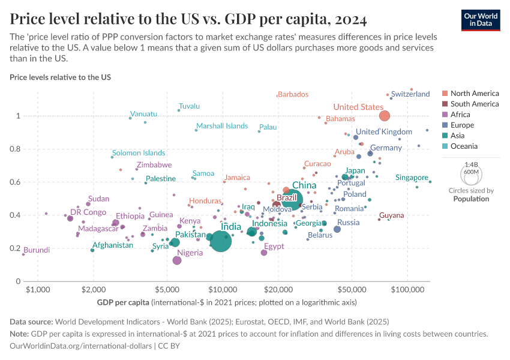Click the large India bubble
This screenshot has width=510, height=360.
click(x=220, y=241)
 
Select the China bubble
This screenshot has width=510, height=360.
click(x=292, y=200)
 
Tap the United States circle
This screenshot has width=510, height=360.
click(x=385, y=116)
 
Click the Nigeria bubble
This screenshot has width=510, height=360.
click(x=177, y=260)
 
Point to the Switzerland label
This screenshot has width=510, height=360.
click(x=410, y=94)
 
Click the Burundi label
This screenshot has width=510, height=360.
click(x=37, y=250)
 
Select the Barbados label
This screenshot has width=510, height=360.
click(x=293, y=94)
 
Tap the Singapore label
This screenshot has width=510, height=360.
click(x=412, y=178)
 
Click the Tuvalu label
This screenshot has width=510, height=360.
click(x=189, y=106)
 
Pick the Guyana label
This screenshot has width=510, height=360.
click(x=392, y=215)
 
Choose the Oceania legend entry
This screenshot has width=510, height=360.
click(x=464, y=146)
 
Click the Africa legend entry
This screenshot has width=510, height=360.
click(x=460, y=115)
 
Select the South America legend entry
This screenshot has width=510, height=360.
click(x=474, y=104)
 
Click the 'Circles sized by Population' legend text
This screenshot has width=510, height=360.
click(x=471, y=195)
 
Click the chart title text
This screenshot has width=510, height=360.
click(x=188, y=19)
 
